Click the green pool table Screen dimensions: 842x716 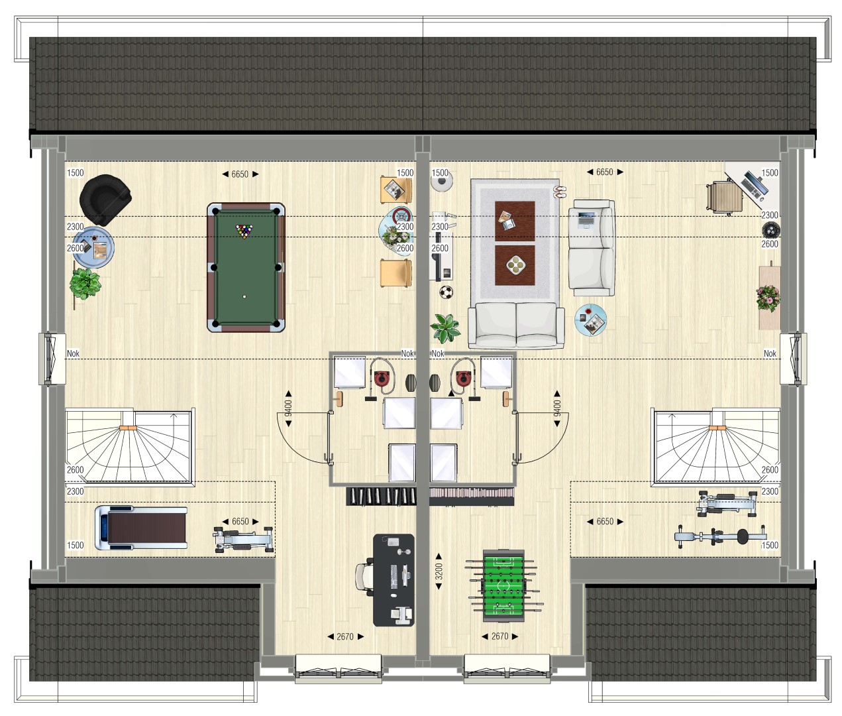(x=246, y=267)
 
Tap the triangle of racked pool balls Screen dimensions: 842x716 (x=244, y=231)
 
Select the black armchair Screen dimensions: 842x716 (x=105, y=200)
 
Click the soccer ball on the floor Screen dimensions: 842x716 (x=446, y=292)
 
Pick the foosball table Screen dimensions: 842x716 (x=503, y=585)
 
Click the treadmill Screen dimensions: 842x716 (x=141, y=528)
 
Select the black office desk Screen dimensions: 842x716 (x=394, y=580)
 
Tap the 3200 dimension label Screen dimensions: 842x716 (x=439, y=571)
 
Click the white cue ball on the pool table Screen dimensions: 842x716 (x=244, y=297)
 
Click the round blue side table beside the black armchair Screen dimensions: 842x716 (x=94, y=247)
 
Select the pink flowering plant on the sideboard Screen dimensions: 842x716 (x=768, y=297)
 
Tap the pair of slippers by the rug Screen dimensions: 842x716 (x=560, y=192)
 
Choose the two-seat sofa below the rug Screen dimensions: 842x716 (x=516, y=325)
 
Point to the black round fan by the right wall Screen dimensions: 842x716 (x=770, y=231)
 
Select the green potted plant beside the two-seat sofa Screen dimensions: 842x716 (x=446, y=328)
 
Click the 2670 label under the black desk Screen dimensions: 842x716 (x=345, y=636)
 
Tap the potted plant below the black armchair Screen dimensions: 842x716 (x=85, y=284)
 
